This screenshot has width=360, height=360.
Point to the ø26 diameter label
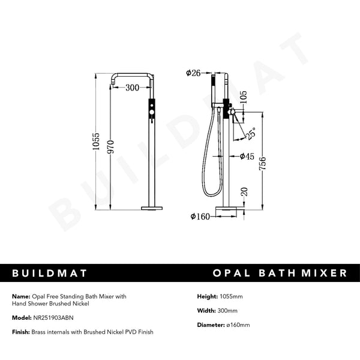[x=194, y=73]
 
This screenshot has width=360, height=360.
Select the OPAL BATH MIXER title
[x=280, y=273]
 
